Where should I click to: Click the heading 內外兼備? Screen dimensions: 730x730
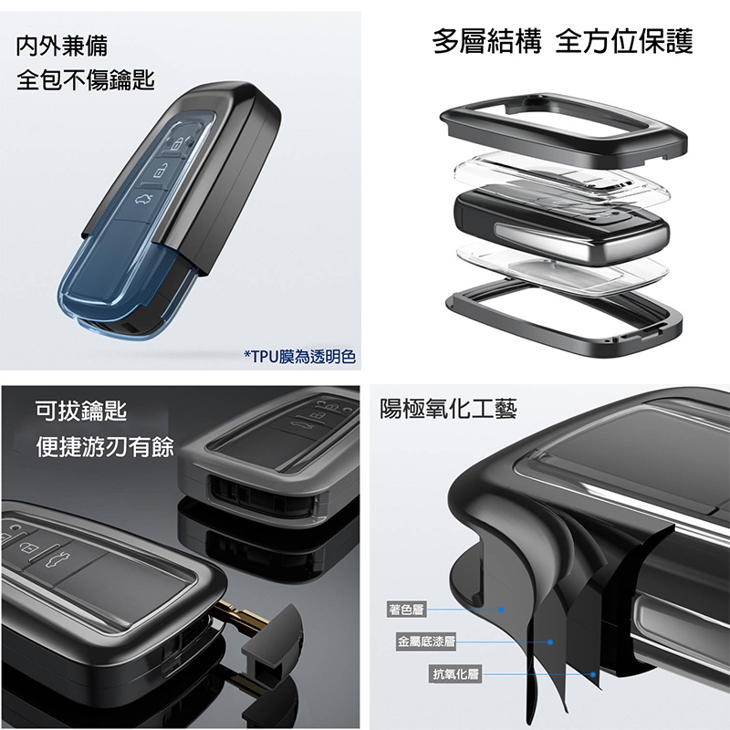62,47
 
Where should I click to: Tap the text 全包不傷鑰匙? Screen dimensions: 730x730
86,79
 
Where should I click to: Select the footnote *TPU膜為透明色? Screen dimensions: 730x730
300,357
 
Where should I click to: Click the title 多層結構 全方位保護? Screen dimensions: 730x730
562,41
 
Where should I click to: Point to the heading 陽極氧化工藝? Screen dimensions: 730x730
448,409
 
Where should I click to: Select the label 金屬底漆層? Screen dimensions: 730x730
425,642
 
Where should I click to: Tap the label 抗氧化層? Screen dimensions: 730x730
455,673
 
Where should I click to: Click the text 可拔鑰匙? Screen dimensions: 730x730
81,411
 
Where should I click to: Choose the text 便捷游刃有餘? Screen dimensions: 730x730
105,446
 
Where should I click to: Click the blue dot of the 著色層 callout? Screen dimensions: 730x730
501,609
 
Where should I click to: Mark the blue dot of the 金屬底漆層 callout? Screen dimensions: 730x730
550,642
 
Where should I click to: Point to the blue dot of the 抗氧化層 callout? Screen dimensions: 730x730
593,674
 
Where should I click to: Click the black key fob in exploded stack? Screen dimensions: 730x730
561,224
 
